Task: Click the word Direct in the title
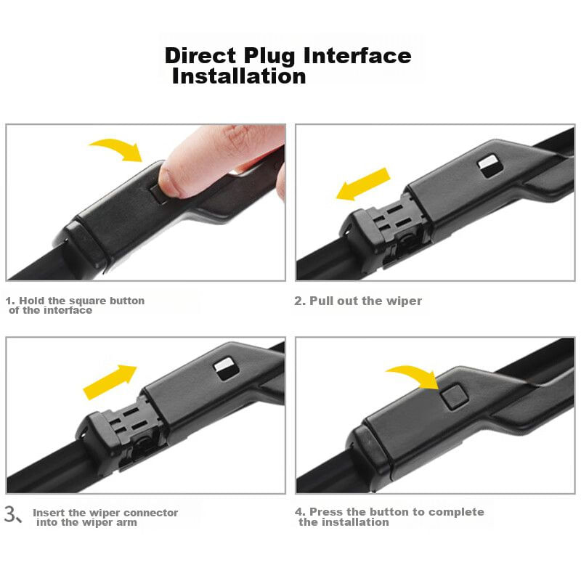coord(200,56)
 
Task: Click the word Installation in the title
coord(240,76)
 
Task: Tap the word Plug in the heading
coord(269,57)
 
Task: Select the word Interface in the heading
coord(357,56)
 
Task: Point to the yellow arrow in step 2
coord(362,184)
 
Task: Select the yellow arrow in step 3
coord(110,382)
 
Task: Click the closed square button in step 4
coord(455,397)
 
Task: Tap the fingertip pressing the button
coord(174,179)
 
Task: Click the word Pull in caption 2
coord(322,301)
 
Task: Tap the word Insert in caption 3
coord(49,513)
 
